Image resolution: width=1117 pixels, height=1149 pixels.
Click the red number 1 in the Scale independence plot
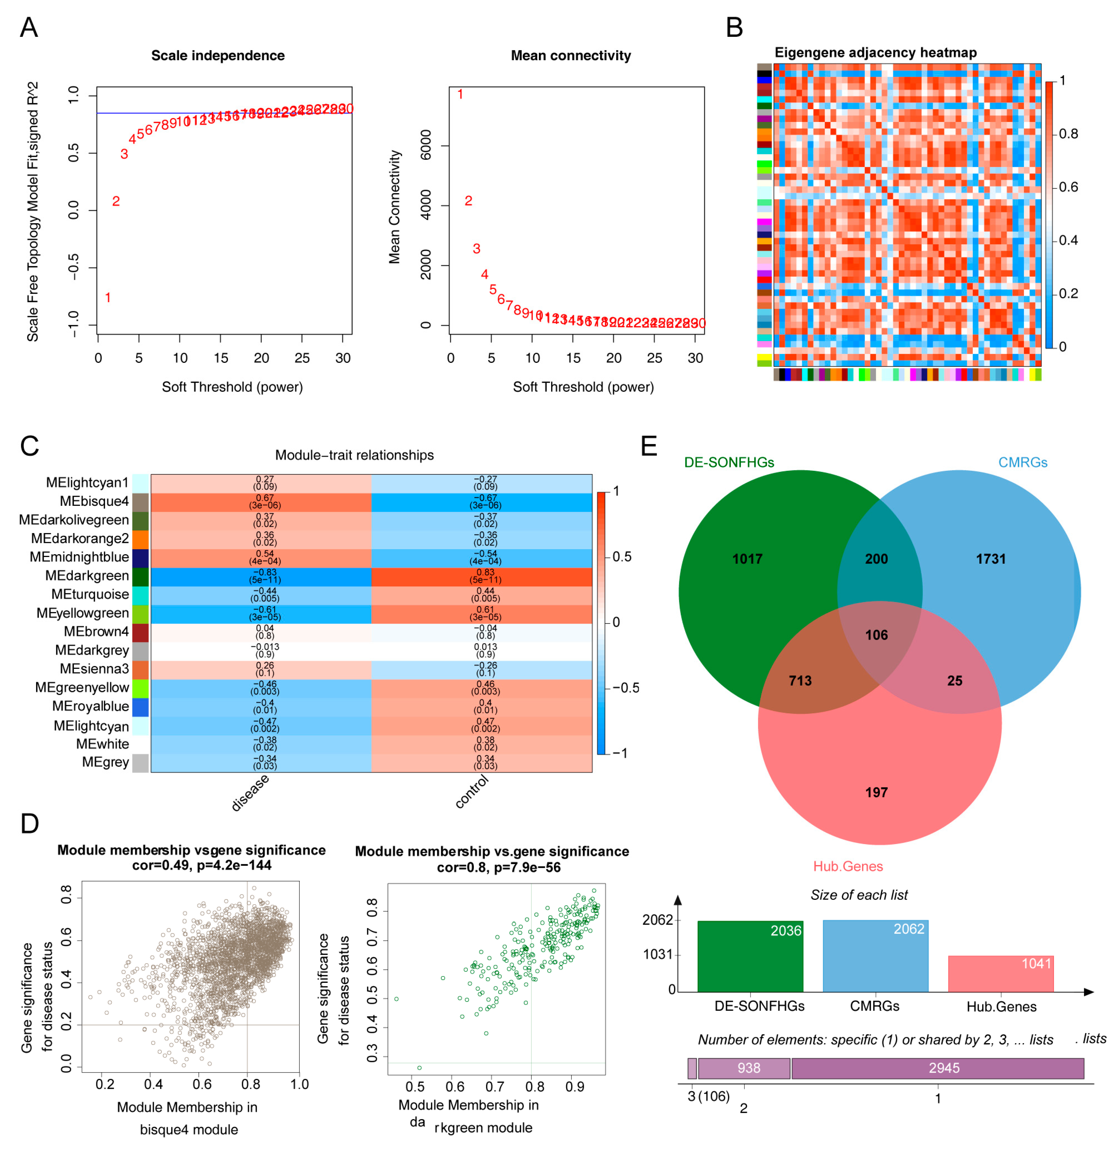[108, 298]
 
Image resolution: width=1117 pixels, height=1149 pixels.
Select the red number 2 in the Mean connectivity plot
[468, 201]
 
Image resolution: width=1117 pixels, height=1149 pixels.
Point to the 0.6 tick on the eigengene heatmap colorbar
[1068, 187]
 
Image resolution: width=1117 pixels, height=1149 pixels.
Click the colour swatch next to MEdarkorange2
[140, 539]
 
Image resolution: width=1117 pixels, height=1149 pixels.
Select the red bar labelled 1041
[1000, 975]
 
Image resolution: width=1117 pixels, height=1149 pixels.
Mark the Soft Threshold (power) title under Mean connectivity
[583, 387]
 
